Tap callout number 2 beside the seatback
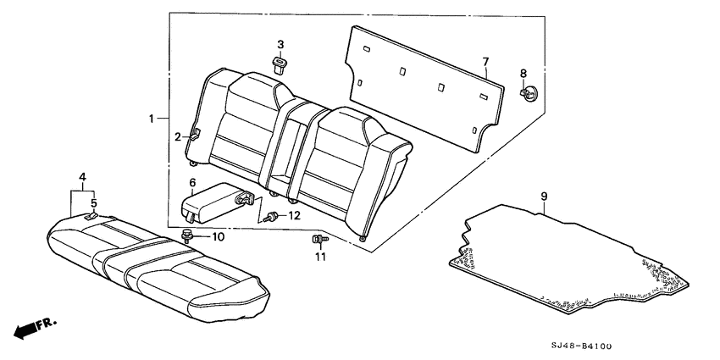click(x=179, y=136)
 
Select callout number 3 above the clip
click(x=280, y=44)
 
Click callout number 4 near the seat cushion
click(x=82, y=176)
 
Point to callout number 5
click(x=94, y=203)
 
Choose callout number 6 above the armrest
click(x=192, y=182)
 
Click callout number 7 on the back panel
click(x=485, y=61)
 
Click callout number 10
click(x=218, y=236)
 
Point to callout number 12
click(x=294, y=215)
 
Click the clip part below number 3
click(x=280, y=64)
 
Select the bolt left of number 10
click(x=189, y=234)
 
